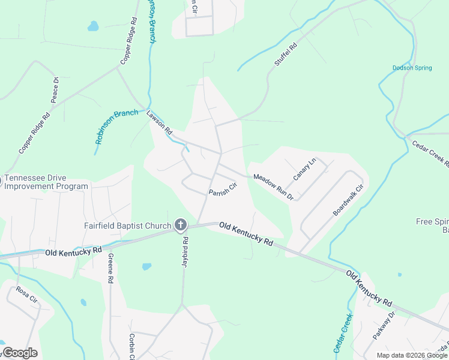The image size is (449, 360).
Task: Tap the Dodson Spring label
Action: [412, 68]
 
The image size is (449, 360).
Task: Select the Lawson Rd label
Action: [160, 122]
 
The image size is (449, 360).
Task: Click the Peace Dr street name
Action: [55, 89]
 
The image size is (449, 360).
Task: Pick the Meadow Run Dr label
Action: [273, 187]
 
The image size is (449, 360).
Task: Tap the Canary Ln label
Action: [304, 169]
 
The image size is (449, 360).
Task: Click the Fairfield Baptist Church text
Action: [127, 226]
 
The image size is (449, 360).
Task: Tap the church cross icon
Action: [180, 225]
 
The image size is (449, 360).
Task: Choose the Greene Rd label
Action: [110, 268]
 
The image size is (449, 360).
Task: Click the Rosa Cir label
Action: [23, 295]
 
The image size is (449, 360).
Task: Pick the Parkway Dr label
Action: [383, 326]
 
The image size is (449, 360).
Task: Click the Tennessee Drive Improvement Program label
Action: [46, 182]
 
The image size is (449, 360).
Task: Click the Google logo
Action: [19, 353]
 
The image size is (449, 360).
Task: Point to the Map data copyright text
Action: [412, 355]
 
